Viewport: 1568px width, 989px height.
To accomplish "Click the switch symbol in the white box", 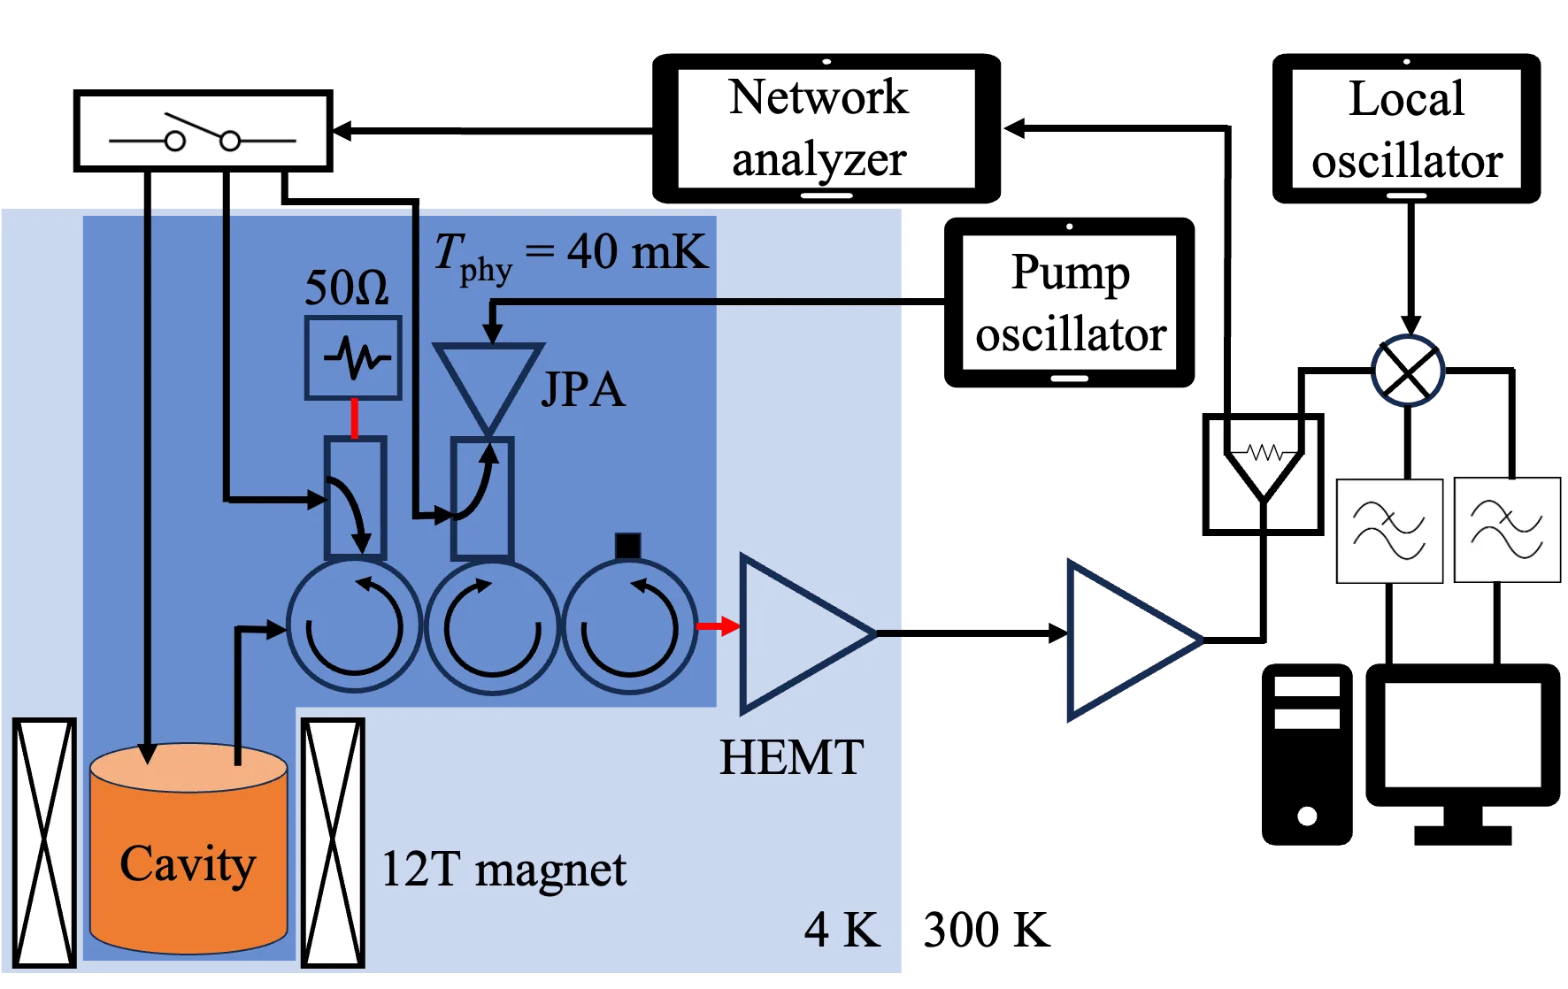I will click(204, 131).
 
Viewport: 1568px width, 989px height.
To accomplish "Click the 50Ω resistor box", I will click(353, 358).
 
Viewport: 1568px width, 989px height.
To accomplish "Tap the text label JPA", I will click(582, 390).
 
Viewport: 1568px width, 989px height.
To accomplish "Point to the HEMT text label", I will click(791, 758).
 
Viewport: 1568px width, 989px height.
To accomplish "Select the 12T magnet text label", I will click(503, 870).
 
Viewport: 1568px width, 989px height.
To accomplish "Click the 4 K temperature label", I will click(842, 930).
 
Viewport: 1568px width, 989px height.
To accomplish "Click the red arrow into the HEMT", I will click(718, 627).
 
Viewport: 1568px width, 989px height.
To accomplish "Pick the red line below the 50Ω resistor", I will click(355, 418).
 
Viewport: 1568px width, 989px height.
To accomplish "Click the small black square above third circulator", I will click(627, 546).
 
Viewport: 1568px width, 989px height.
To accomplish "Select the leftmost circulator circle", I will click(353, 626).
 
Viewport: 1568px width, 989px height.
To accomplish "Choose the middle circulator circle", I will click(492, 626).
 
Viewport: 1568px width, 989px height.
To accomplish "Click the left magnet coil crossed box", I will click(44, 843).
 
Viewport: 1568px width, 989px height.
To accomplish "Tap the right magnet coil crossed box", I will click(333, 843).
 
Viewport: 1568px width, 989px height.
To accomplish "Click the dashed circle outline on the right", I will click(1407, 371).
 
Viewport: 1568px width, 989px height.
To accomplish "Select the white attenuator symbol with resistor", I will click(1264, 453).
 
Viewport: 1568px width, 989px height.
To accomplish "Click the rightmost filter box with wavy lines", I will click(1507, 530).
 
